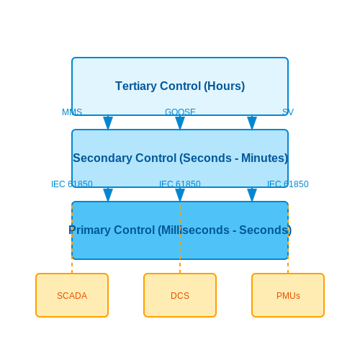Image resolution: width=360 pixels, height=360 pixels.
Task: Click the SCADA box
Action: [x=72, y=295]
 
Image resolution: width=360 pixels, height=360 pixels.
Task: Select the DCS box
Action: [x=180, y=295]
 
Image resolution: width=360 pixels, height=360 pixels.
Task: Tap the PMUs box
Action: [x=288, y=295]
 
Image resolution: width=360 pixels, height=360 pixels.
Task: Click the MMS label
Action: [x=72, y=112]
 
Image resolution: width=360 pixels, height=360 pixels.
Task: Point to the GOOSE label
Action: [x=180, y=112]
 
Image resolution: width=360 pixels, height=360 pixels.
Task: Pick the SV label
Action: [x=288, y=112]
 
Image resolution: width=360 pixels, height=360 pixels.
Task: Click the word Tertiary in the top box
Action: [x=136, y=86]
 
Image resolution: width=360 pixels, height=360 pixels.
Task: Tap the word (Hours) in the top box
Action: [x=225, y=86]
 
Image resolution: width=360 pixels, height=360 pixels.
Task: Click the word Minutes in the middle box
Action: [x=264, y=158]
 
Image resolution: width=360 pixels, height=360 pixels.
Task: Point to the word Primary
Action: [x=89, y=230]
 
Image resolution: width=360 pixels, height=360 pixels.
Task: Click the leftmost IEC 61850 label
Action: [x=72, y=184]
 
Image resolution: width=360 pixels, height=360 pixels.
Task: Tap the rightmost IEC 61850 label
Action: [x=288, y=184]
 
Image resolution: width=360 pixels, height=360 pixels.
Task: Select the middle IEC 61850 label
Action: [x=180, y=184]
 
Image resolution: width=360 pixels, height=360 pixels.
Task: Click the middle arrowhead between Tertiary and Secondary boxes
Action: [x=180, y=123]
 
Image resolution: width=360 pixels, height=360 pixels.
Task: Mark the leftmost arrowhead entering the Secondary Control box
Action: [x=108, y=123]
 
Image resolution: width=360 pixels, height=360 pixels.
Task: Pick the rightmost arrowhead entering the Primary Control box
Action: [x=252, y=195]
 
